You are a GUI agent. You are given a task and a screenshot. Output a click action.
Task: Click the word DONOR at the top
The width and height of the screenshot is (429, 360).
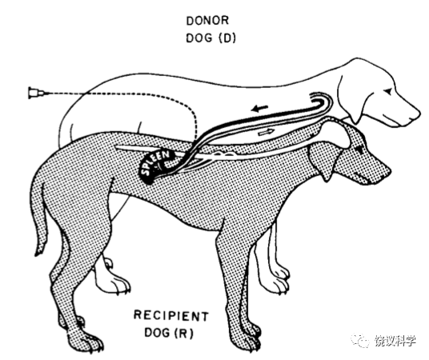tap(207, 21)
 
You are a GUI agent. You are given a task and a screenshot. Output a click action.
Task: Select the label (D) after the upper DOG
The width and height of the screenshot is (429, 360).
tap(227, 38)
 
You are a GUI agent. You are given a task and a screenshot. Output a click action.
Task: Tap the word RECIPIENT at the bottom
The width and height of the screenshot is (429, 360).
tap(171, 316)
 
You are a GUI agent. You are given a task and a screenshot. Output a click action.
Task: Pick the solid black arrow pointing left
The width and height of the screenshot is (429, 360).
tap(259, 109)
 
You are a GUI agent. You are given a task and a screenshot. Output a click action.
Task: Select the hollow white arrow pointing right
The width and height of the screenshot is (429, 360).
tap(267, 132)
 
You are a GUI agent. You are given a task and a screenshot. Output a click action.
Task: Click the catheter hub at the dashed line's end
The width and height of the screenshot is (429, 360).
tap(35, 93)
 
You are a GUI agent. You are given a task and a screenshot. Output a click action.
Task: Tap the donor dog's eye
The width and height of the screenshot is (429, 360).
tap(389, 90)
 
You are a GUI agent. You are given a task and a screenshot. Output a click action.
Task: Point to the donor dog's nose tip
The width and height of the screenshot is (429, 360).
tap(418, 113)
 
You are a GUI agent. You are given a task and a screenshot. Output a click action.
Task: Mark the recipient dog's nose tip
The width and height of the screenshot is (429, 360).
tap(388, 170)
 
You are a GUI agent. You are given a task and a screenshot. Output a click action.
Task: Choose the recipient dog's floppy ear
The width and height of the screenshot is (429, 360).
tap(322, 162)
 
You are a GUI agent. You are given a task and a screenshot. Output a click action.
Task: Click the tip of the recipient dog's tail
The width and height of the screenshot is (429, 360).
tap(36, 254)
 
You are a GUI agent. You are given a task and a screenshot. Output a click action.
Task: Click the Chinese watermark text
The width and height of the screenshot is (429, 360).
tap(395, 341)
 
